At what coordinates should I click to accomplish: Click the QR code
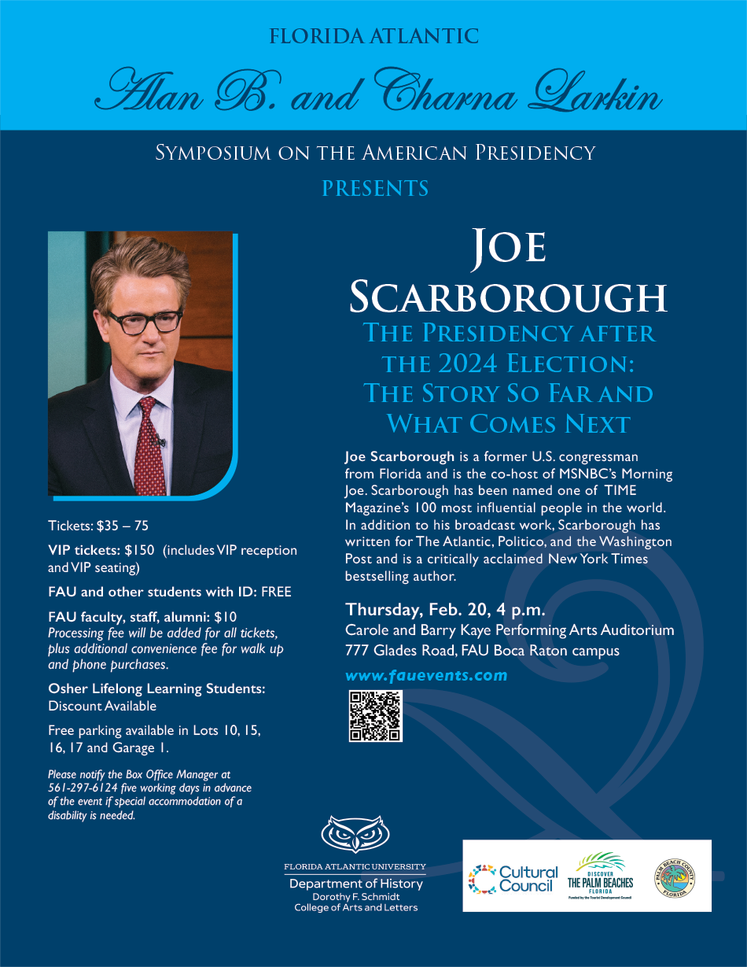375,715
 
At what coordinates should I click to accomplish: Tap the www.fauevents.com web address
426,675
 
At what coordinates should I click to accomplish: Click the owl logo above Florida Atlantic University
355,834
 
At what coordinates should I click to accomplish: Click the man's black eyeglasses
145,321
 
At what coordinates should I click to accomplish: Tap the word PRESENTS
375,189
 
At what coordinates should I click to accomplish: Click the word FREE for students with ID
276,592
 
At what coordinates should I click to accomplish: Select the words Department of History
355,884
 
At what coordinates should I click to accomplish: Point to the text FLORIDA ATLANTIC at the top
373,36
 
